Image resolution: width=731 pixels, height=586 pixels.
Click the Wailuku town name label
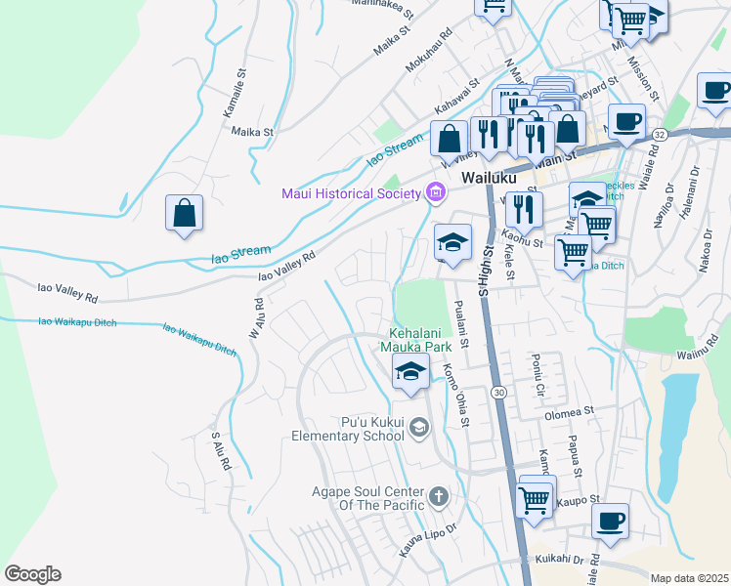point(488,180)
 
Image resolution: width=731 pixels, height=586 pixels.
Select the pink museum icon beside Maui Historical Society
point(435,192)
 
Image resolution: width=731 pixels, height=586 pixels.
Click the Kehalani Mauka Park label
point(420,339)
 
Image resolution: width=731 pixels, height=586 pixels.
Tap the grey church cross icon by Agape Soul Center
point(438,497)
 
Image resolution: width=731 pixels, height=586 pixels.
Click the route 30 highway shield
point(499,392)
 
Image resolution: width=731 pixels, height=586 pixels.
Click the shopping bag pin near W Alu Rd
point(184,213)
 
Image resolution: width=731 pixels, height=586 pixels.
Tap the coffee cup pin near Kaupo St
point(611,522)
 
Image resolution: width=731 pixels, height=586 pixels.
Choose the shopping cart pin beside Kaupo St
point(534,500)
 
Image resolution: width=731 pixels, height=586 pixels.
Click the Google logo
point(32,574)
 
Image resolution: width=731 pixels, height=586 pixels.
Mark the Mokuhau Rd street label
point(430,58)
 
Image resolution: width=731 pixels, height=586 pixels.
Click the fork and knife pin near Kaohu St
point(524,209)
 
